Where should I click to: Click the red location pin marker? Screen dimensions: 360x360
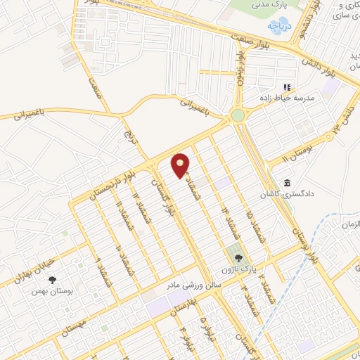(181, 165)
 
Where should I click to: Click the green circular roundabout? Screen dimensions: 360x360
(238, 115)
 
